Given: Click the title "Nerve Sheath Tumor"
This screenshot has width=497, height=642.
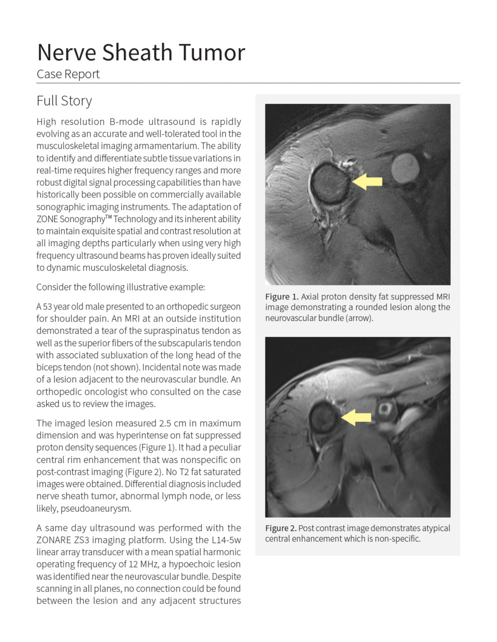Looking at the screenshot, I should coord(141,53).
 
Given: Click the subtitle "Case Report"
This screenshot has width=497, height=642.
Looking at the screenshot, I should coord(68,74).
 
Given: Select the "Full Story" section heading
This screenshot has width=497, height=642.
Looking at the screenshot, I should coord(64,101).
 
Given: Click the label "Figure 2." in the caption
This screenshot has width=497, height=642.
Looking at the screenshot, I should coord(281,528).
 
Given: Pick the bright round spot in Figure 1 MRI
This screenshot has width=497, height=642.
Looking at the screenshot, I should coord(405,168).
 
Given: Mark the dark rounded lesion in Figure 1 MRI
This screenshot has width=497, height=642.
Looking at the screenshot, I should coord(330,183).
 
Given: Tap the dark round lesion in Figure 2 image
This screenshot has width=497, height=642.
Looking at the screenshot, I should coord(324,417).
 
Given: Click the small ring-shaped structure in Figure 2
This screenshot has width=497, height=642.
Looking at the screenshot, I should coord(386,411).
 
